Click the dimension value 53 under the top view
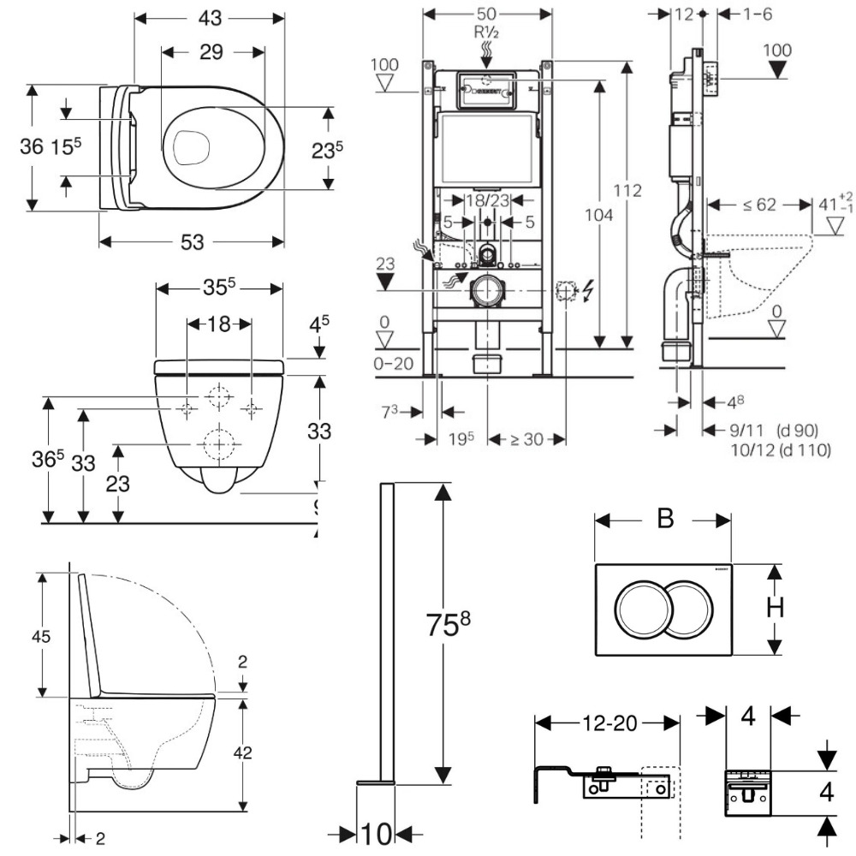click(x=192, y=242)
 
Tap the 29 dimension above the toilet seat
click(x=211, y=52)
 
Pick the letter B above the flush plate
click(x=665, y=519)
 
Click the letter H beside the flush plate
click(x=775, y=607)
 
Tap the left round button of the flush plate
click(x=639, y=608)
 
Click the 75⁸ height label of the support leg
click(x=449, y=625)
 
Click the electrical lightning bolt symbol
click(x=586, y=293)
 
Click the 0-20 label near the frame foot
click(x=394, y=363)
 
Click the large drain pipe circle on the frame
click(x=488, y=292)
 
